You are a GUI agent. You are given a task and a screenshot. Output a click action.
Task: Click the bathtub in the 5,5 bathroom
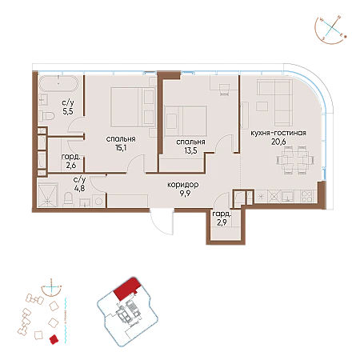click(58, 83)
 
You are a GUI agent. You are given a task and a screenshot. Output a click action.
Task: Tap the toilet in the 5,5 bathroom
click(46, 116)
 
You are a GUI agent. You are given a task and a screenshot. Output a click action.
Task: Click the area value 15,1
click(121, 147)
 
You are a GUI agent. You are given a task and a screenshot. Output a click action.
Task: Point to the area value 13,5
click(190, 150)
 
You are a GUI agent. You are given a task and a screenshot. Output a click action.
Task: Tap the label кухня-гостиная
click(278, 133)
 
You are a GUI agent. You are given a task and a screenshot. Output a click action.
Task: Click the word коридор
click(183, 185)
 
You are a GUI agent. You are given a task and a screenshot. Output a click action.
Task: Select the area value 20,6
click(278, 142)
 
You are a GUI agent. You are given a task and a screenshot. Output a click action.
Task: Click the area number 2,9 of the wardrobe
click(222, 222)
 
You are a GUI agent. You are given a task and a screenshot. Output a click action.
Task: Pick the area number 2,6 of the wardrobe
click(71, 166)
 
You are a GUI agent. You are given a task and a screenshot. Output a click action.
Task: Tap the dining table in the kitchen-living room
click(295, 160)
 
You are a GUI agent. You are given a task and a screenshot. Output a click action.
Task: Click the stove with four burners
click(306, 197)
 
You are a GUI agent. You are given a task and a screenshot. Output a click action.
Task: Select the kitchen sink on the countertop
click(287, 197)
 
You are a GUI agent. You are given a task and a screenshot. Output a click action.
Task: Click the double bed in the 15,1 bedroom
click(133, 107)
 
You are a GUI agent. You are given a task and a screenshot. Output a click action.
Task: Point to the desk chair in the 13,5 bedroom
click(224, 90)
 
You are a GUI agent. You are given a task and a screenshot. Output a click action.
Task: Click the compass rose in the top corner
click(330, 29)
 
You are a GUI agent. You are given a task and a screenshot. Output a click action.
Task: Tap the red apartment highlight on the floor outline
click(126, 289)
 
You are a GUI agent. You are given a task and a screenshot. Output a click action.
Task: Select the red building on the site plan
click(54, 339)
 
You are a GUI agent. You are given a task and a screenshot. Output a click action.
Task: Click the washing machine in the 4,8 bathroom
click(99, 201)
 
